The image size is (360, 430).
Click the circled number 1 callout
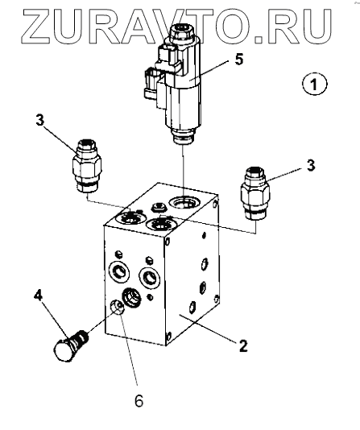pos(314,85)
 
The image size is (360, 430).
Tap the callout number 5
pos(239,60)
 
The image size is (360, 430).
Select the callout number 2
pos(243,345)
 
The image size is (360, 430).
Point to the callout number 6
pos(139,402)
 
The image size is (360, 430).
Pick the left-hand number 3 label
pos(40,120)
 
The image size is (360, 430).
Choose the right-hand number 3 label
pos(311,166)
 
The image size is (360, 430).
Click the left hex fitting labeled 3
pos(87,166)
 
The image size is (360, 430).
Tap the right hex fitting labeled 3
pos(255,193)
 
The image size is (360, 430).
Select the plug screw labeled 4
pos(71,346)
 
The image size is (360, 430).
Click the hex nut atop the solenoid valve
pos(181,32)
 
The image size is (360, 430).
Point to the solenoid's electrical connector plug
pos(154,84)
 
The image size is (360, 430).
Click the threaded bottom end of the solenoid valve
pos(184,136)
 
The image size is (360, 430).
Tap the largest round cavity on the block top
pos(184,203)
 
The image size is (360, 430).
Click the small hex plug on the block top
pos(158,207)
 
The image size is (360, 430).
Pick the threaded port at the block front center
pos(131,297)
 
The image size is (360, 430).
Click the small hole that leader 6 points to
pos(117,308)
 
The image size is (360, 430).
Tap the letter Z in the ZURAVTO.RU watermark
pos(36,27)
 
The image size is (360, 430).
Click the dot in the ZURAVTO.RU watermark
pos(259,39)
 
